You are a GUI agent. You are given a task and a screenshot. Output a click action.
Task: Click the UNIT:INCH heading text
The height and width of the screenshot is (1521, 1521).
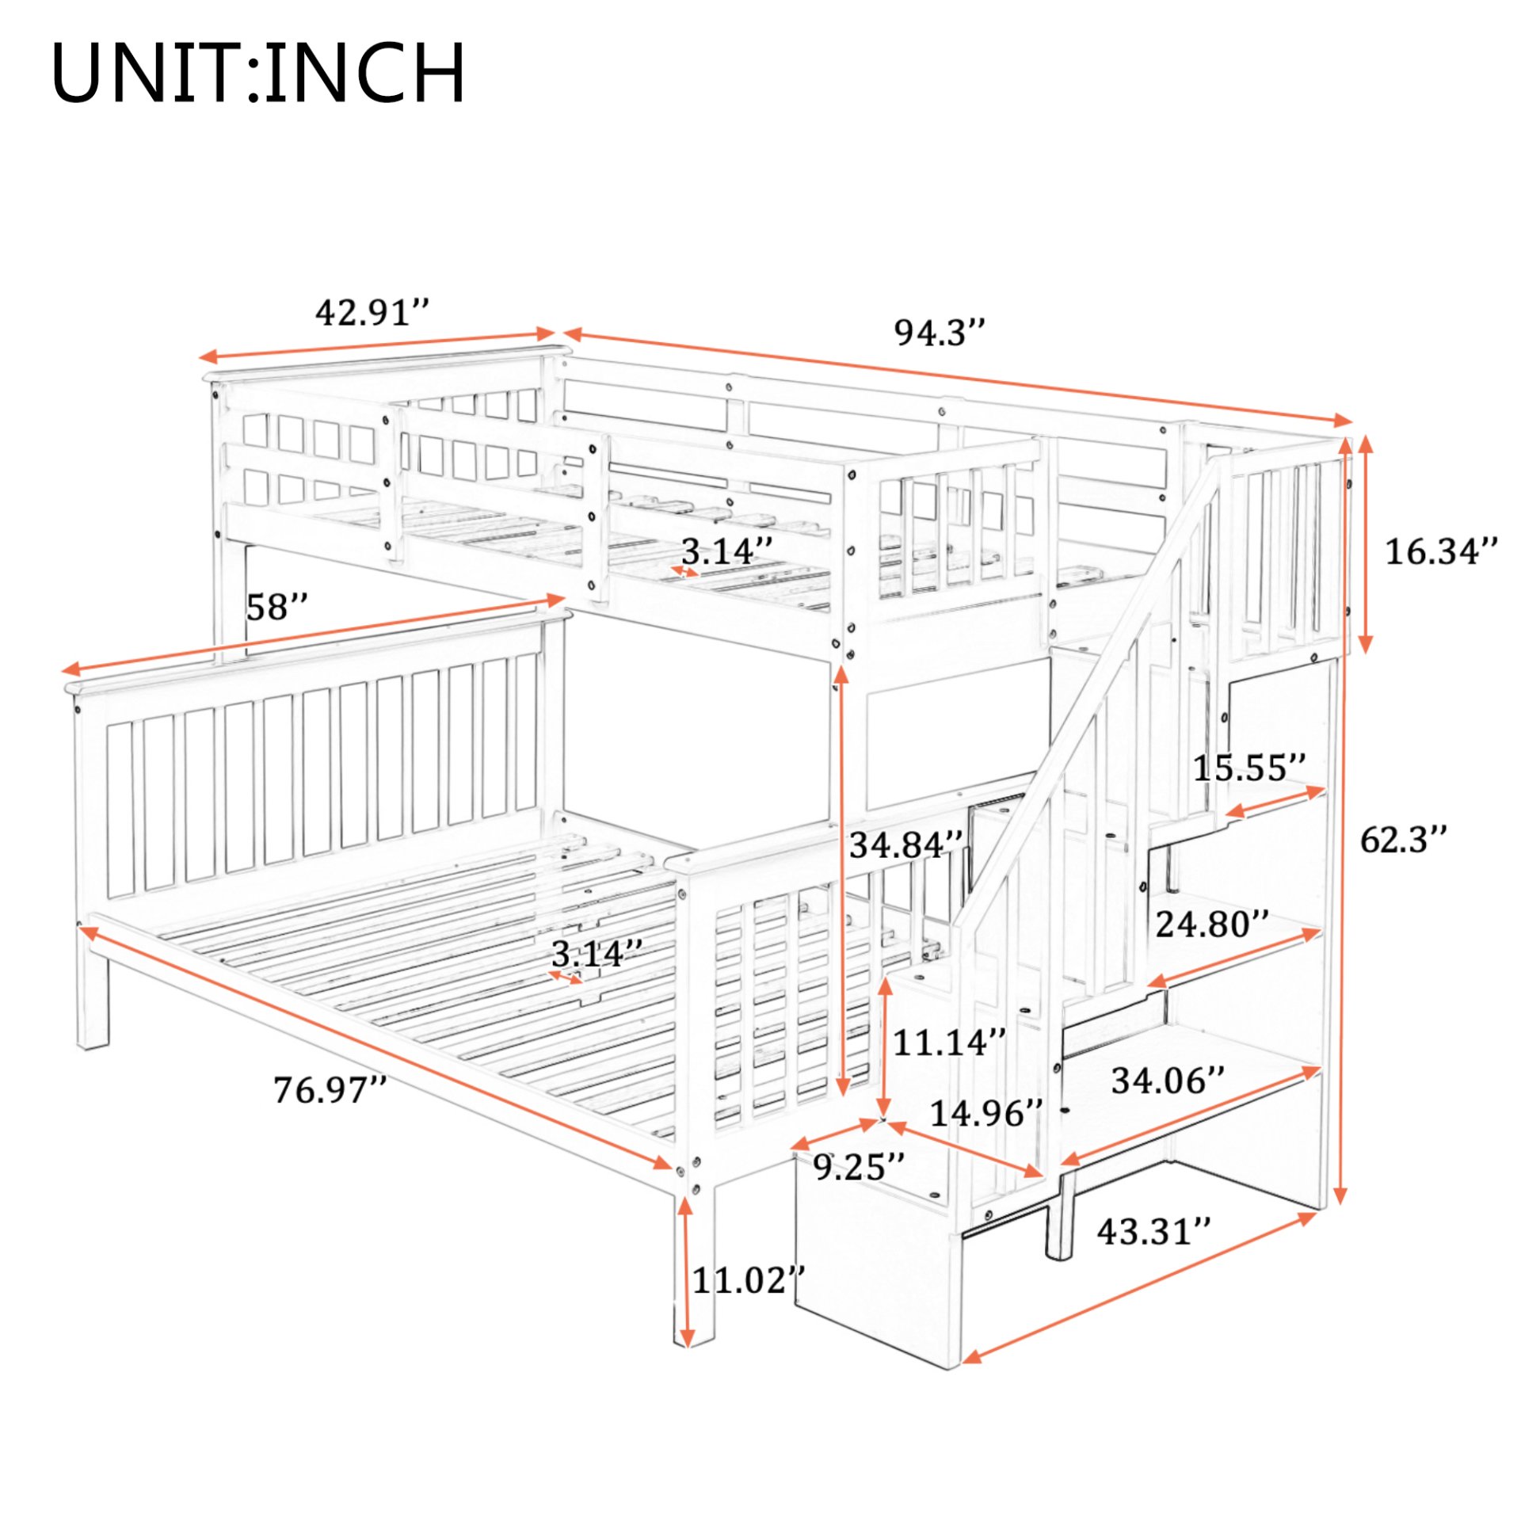coord(258,73)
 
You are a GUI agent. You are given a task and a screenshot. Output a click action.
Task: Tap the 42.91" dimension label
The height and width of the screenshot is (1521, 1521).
coord(372,313)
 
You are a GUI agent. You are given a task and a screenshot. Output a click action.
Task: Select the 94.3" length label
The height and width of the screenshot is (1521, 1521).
coord(940,333)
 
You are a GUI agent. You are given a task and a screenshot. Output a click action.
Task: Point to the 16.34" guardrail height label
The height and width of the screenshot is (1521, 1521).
coord(1441,551)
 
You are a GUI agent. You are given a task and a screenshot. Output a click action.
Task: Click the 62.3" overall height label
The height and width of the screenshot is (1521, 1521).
coord(1403,840)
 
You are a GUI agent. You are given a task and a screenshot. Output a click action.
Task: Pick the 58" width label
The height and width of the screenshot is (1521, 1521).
coord(276,608)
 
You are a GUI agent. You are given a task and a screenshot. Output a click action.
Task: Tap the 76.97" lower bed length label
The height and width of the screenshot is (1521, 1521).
coord(330,1090)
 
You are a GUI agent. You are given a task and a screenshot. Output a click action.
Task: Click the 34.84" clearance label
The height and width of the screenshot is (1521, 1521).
coord(906,845)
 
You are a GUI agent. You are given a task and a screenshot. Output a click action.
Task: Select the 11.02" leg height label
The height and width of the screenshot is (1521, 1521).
coord(749,1280)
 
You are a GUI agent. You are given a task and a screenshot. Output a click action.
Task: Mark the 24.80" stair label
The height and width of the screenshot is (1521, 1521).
coord(1212,924)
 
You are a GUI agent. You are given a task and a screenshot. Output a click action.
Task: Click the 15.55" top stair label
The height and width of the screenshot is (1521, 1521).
coord(1249,768)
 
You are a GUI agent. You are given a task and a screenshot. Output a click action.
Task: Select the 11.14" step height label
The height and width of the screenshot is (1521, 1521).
coord(949,1043)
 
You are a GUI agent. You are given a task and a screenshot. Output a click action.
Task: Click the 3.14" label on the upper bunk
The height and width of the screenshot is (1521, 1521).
coord(727,551)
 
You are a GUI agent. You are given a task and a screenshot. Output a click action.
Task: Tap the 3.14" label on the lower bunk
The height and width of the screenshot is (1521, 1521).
coord(597,953)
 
